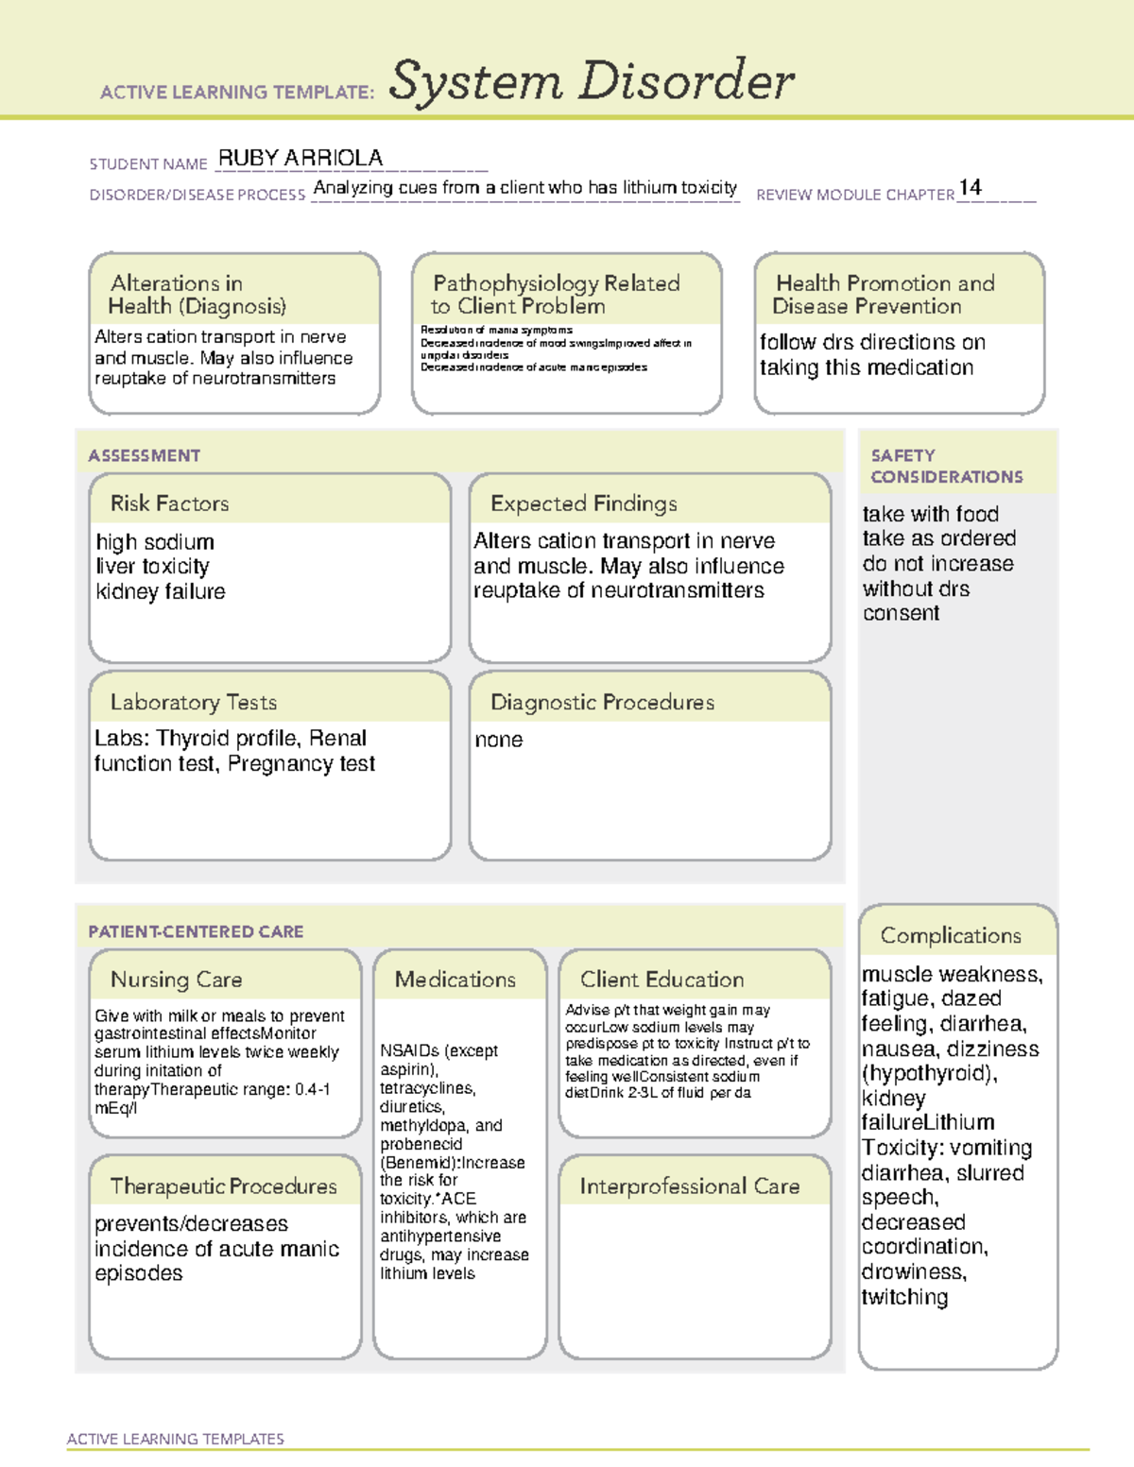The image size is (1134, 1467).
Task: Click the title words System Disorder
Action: (x=592, y=81)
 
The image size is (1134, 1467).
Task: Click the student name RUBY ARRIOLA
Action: (x=301, y=158)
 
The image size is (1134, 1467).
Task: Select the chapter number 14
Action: (x=970, y=187)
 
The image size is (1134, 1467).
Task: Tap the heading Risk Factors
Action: (x=169, y=503)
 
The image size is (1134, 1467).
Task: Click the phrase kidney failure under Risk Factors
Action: (x=161, y=592)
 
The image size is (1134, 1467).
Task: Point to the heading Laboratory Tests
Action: (x=193, y=703)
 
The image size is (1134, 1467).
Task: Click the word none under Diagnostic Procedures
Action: (x=498, y=740)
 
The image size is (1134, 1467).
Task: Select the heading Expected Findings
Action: (x=583, y=503)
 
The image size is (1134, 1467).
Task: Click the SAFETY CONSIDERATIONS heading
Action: (x=946, y=467)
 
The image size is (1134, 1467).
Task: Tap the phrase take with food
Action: (x=930, y=515)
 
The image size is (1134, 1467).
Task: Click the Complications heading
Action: (x=951, y=935)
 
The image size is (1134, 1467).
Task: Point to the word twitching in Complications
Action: (x=904, y=1298)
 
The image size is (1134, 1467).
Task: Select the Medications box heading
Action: (x=455, y=980)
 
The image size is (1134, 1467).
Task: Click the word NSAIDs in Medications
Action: (x=409, y=1050)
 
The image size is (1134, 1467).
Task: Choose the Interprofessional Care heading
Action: (x=689, y=1186)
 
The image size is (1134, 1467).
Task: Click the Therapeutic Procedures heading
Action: (x=223, y=1186)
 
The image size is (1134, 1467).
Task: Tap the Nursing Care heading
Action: (x=176, y=980)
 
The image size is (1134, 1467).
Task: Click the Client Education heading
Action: (x=661, y=980)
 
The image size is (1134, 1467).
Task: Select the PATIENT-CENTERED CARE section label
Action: (x=196, y=931)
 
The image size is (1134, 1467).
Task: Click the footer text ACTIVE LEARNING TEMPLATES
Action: (x=175, y=1439)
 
